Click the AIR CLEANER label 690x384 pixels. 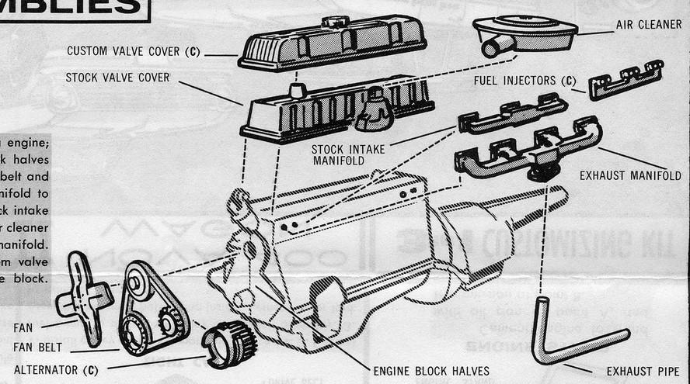pyautogui.click(x=647, y=25)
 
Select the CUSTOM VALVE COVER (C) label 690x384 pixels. pyautogui.click(x=133, y=52)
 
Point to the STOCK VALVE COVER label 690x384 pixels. pyautogui.click(x=117, y=78)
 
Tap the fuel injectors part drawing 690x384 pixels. pyautogui.click(x=626, y=80)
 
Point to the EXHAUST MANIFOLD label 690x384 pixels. pyautogui.click(x=629, y=176)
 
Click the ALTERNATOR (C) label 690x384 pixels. pyautogui.click(x=56, y=370)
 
